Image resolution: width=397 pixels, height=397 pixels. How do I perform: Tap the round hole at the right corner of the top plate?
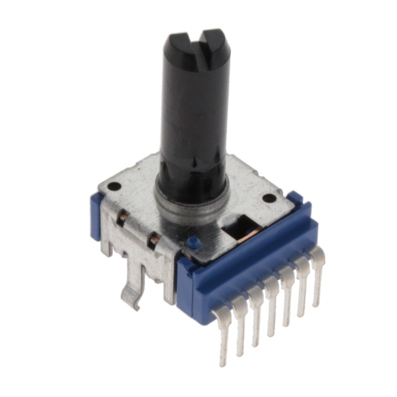coord(269,198)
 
